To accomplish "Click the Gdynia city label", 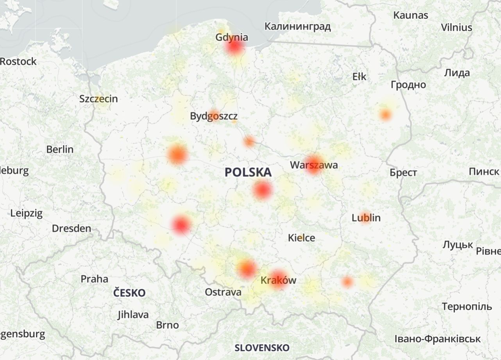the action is tap(232, 37).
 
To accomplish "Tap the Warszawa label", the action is tap(313, 165).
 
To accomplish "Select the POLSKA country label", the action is tap(248, 172).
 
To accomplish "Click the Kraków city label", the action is tap(278, 280).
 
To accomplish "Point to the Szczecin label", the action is tap(98, 99).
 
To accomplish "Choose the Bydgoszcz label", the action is tap(214, 116).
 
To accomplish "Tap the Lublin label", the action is tap(366, 217).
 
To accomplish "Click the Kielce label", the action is tap(301, 237).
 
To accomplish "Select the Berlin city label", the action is tap(60, 149).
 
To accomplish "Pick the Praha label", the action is tap(94, 279).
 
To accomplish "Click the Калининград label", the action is tap(297, 27).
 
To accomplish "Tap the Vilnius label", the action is tap(456, 28).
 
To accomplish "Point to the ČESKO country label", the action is tap(129, 293).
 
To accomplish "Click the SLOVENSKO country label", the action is tap(262, 348).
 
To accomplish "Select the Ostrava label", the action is tap(223, 292).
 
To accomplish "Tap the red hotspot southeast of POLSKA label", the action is tap(262, 191).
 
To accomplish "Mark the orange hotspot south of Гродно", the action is tap(385, 115).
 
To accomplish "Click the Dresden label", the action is tap(72, 228).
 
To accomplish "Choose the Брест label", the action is tap(403, 173).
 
